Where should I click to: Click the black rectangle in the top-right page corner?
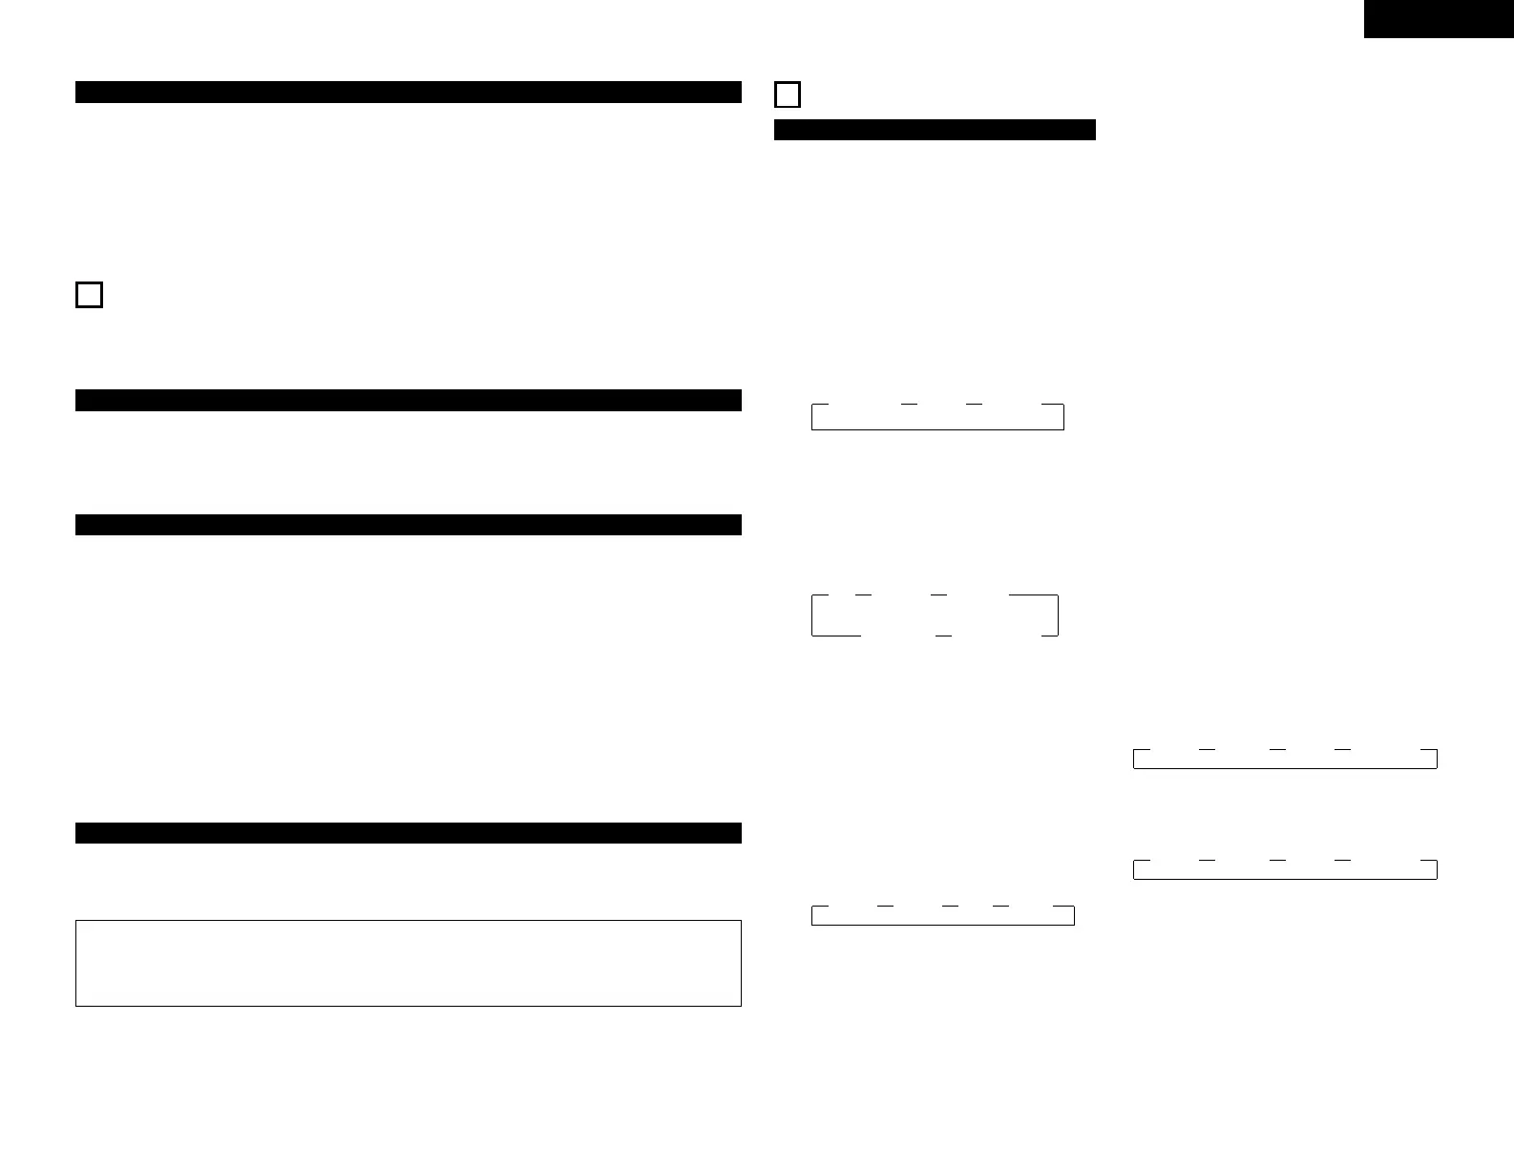(x=1439, y=19)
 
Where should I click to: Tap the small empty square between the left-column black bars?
(x=89, y=295)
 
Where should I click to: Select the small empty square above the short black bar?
(x=788, y=95)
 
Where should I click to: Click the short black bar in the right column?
(x=935, y=130)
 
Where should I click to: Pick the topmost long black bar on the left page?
(x=409, y=92)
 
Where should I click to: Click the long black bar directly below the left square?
(x=409, y=400)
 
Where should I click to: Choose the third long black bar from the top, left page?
(x=409, y=525)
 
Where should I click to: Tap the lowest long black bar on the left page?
(x=409, y=833)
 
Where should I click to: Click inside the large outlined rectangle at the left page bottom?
(x=409, y=963)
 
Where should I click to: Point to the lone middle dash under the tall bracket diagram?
(x=943, y=635)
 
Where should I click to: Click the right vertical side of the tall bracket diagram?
(x=1058, y=615)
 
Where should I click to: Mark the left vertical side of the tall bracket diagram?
(x=812, y=615)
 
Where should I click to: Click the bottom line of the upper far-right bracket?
(x=1285, y=767)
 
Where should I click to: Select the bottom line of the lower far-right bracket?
(x=1285, y=878)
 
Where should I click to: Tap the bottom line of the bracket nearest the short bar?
(x=937, y=429)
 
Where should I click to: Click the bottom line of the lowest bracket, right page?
(x=943, y=925)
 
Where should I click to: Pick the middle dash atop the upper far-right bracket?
(x=1277, y=750)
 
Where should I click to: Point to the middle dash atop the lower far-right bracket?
(x=1277, y=861)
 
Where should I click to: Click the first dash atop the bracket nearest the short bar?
(x=909, y=405)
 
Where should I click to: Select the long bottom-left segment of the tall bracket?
(x=836, y=635)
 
